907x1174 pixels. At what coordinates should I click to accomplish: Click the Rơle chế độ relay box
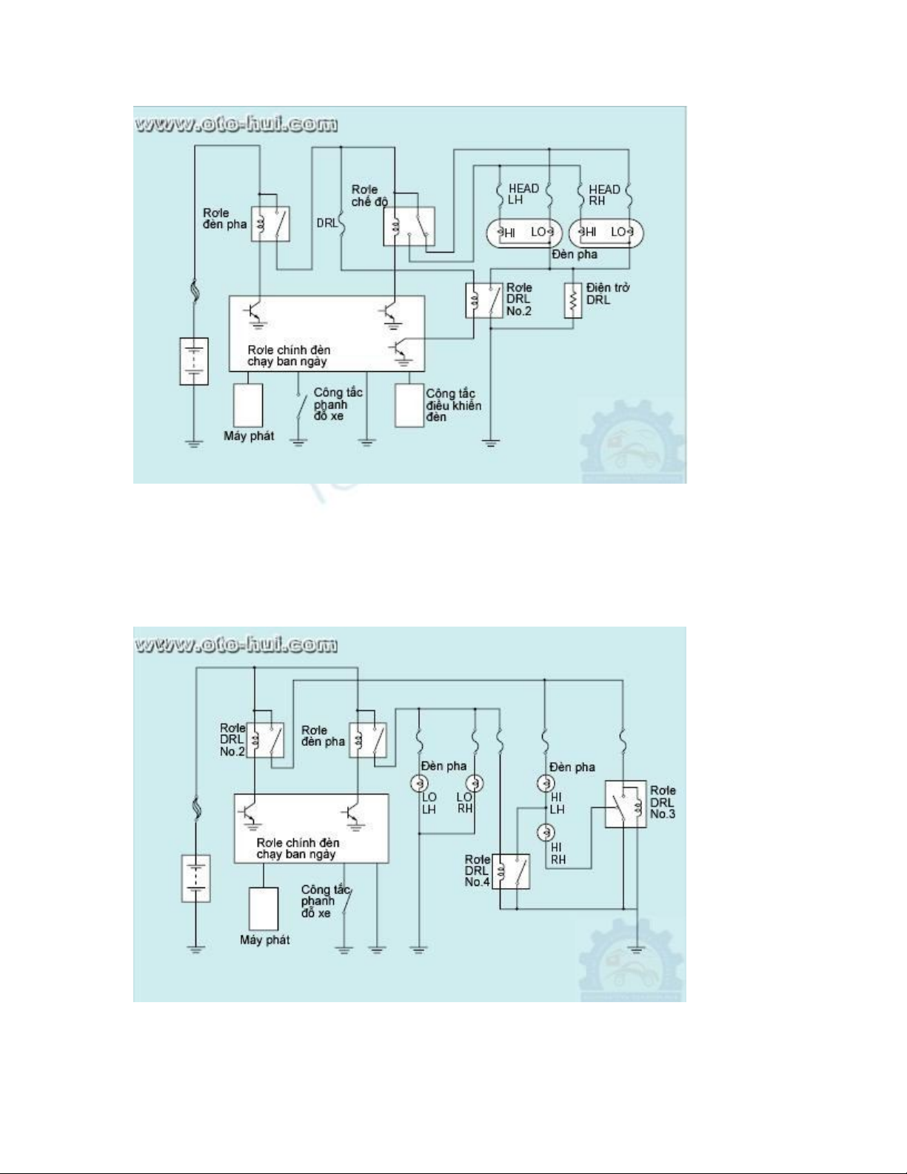[x=409, y=226]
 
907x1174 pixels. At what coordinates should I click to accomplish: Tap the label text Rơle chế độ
[x=369, y=196]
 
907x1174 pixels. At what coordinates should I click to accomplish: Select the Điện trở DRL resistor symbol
[x=572, y=300]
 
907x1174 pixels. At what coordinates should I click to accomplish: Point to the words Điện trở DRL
[x=607, y=293]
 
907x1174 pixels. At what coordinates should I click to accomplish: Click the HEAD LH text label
[x=523, y=194]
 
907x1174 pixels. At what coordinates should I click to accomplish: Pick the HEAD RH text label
[x=603, y=195]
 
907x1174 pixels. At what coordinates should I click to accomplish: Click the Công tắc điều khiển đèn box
[x=409, y=405]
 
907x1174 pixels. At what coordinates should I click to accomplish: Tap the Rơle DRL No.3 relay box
[x=625, y=804]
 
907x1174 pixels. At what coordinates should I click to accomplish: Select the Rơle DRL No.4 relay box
[x=512, y=871]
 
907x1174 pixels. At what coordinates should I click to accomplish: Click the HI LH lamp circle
[x=546, y=783]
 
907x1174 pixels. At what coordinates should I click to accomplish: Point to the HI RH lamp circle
[x=546, y=832]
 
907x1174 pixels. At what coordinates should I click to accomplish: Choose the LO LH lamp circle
[x=419, y=783]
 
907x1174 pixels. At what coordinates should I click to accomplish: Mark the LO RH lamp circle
[x=475, y=783]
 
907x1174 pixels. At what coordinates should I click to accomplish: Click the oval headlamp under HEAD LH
[x=523, y=233]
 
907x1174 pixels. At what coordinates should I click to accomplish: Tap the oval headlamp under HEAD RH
[x=606, y=233]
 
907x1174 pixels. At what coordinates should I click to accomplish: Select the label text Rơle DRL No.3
[x=663, y=802]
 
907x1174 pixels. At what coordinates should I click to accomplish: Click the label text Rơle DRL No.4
[x=477, y=871]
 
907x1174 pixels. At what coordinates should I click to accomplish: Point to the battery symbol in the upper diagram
[x=194, y=361]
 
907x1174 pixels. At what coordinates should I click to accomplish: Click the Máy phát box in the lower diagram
[x=264, y=909]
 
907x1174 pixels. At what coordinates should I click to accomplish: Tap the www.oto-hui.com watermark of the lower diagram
[x=236, y=645]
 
